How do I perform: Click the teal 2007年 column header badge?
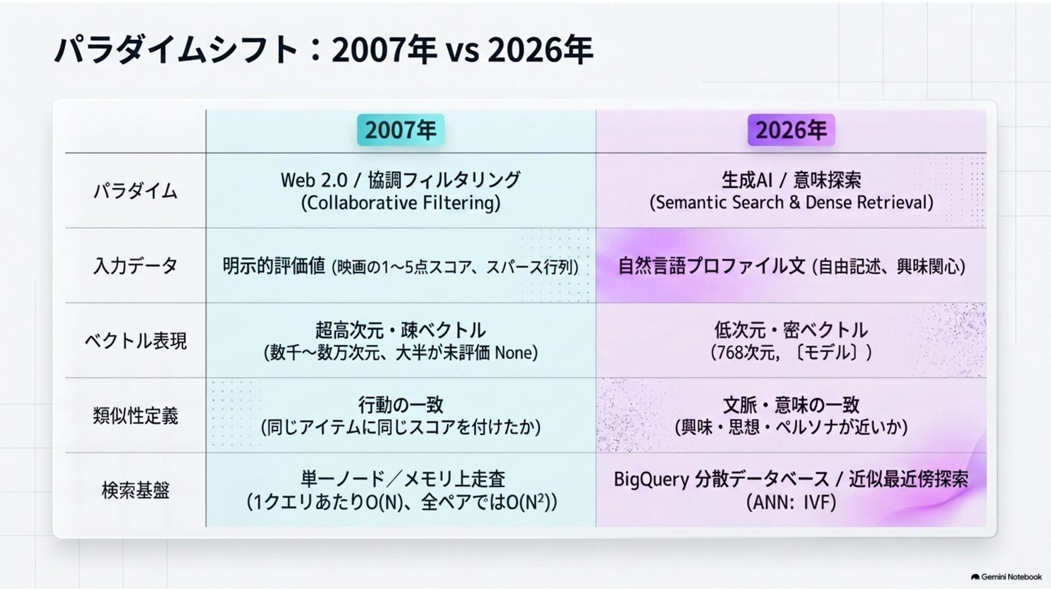click(401, 130)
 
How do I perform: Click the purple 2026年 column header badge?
click(791, 130)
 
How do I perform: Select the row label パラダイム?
click(135, 191)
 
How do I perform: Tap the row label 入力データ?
click(135, 266)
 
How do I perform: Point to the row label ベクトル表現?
click(135, 341)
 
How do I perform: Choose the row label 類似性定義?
click(135, 416)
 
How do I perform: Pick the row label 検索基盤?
click(135, 490)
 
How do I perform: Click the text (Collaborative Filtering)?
click(401, 203)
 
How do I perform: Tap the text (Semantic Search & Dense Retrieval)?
click(791, 202)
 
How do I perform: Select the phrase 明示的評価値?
click(274, 266)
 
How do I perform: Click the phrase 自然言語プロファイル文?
click(712, 266)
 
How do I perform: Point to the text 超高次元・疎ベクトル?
click(401, 330)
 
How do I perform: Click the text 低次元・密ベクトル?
click(791, 330)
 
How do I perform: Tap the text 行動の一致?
click(401, 405)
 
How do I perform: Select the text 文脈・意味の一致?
click(791, 405)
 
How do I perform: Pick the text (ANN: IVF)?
click(791, 502)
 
